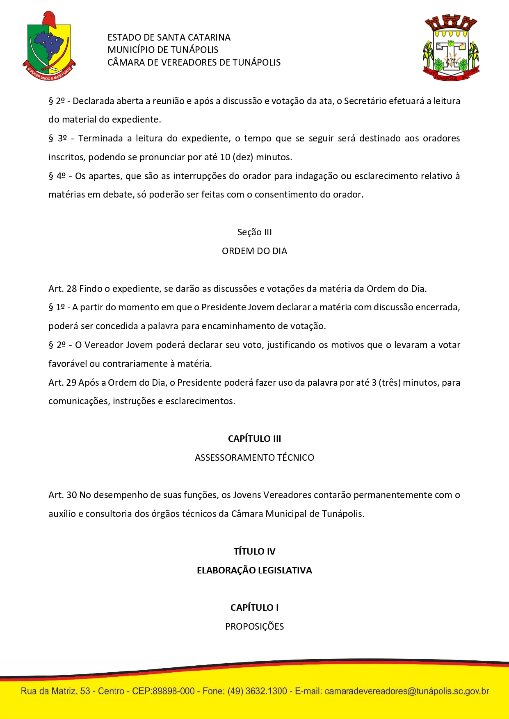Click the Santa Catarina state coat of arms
pyautogui.click(x=49, y=46)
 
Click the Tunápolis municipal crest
pyautogui.click(x=451, y=48)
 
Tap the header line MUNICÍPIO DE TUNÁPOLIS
pyautogui.click(x=163, y=50)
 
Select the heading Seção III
pyautogui.click(x=254, y=232)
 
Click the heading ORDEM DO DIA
pyautogui.click(x=254, y=251)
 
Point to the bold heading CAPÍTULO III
pyautogui.click(x=254, y=439)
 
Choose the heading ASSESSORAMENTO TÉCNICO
pyautogui.click(x=254, y=457)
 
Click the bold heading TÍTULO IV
pyautogui.click(x=254, y=551)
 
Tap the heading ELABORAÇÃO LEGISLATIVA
pyautogui.click(x=254, y=570)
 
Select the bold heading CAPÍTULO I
pyautogui.click(x=254, y=608)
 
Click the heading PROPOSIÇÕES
pyautogui.click(x=254, y=626)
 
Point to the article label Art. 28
pyautogui.click(x=62, y=289)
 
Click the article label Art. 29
pyautogui.click(x=62, y=382)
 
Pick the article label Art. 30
pyautogui.click(x=62, y=495)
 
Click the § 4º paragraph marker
pyautogui.click(x=57, y=176)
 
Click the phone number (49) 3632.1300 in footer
pyautogui.click(x=257, y=691)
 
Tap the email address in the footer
pyautogui.click(x=406, y=691)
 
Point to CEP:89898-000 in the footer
pyautogui.click(x=163, y=691)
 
